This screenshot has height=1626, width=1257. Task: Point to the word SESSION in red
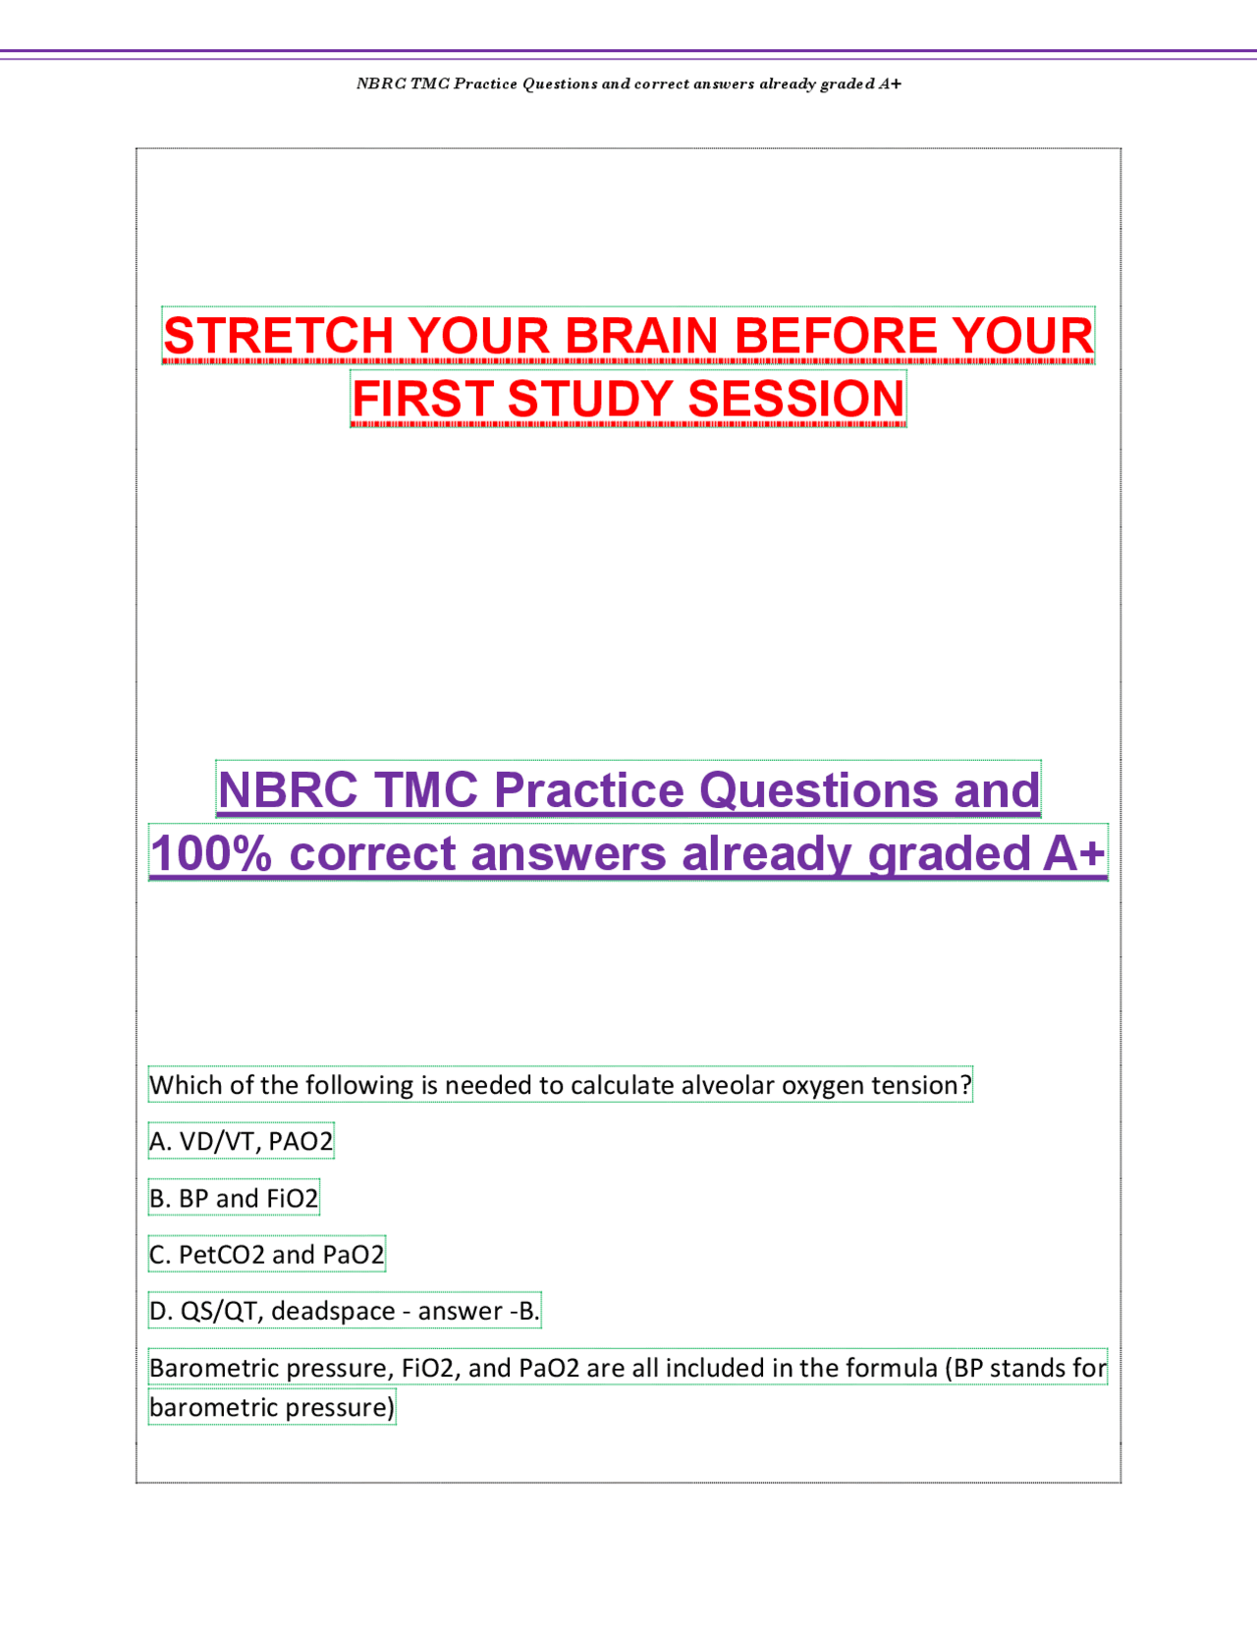pyautogui.click(x=796, y=399)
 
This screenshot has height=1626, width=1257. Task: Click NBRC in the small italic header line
pyautogui.click(x=381, y=84)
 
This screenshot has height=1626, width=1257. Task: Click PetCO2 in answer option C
pyautogui.click(x=222, y=1255)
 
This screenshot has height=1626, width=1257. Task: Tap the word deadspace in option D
pyautogui.click(x=333, y=1311)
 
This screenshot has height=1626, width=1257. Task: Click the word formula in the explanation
pyautogui.click(x=891, y=1368)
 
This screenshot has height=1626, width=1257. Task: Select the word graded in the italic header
pyautogui.click(x=847, y=84)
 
